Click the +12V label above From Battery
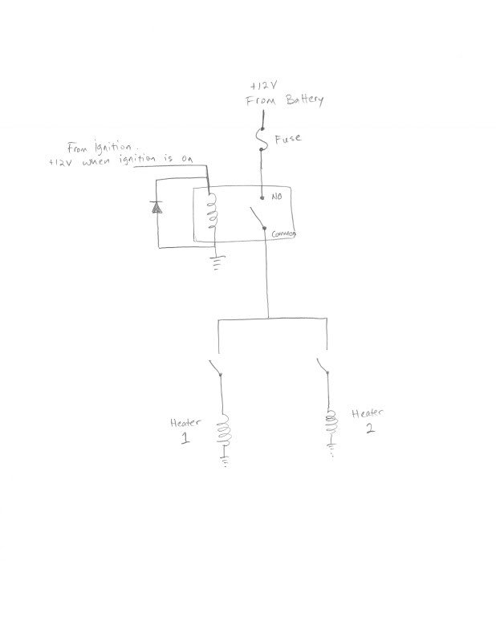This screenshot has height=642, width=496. tap(264, 86)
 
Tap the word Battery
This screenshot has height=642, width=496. tap(304, 100)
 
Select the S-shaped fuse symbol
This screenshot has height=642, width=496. tap(262, 139)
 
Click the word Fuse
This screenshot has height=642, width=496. tap(288, 139)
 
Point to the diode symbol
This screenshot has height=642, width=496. tap(156, 207)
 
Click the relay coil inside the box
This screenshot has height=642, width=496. tap(211, 212)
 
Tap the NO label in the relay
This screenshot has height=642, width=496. tap(277, 197)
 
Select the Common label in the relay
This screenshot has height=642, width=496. tap(283, 234)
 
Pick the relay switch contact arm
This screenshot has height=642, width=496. tap(257, 217)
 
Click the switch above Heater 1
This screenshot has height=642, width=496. tap(215, 367)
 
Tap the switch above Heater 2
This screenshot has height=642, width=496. tap(323, 366)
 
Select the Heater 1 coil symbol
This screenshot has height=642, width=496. tap(224, 430)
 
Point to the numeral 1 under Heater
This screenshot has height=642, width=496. tap(185, 438)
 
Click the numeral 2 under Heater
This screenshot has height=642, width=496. tap(370, 428)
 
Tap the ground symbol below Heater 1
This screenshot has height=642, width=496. tap(225, 459)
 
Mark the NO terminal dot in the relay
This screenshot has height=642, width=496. tap(262, 197)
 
